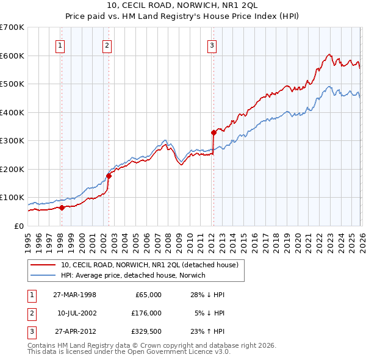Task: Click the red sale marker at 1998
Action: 62,207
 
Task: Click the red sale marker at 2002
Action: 109,176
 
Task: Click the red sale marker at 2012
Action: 213,132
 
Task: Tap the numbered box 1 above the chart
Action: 61,45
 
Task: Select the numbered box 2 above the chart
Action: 107,45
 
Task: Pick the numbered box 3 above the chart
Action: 212,45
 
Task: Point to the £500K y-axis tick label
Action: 12,84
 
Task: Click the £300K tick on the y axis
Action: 12,141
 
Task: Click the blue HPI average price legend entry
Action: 133,276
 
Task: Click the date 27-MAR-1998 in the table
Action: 74,295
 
